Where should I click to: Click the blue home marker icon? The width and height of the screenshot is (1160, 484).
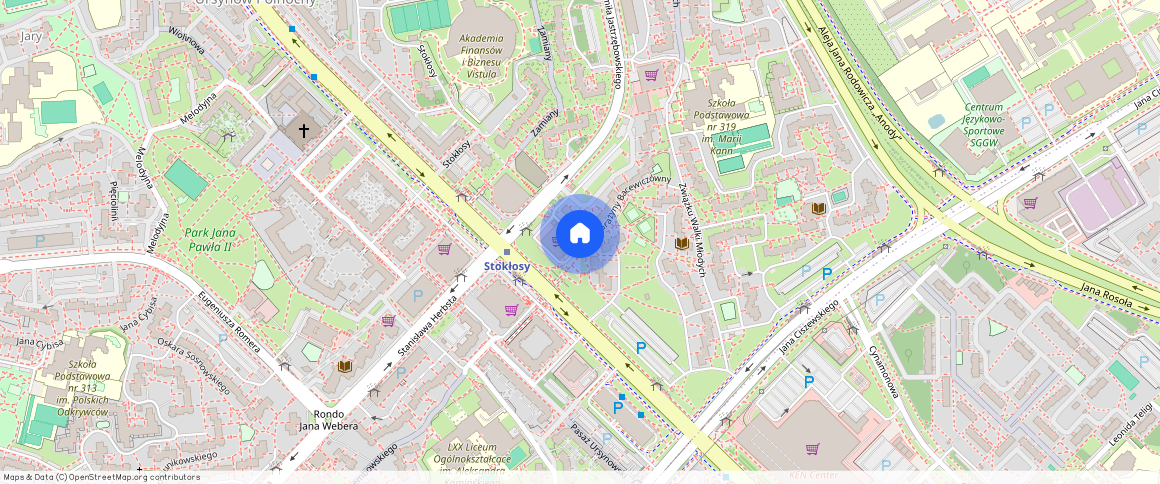[579, 234]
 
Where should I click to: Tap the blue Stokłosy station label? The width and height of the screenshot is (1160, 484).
[506, 267]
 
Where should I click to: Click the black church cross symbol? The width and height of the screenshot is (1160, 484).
[304, 131]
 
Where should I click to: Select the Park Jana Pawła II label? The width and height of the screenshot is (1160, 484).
[208, 240]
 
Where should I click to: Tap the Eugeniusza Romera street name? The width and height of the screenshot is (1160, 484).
[229, 320]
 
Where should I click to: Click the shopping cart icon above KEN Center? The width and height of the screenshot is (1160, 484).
[812, 449]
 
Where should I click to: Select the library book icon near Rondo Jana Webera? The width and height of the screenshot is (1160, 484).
[345, 367]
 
